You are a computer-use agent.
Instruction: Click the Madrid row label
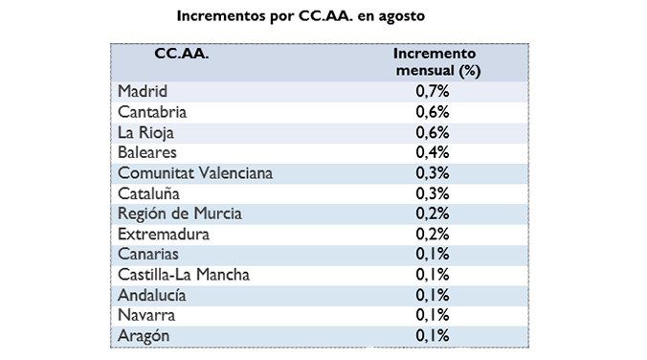pos(143,92)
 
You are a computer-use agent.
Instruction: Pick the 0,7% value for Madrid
pos(432,92)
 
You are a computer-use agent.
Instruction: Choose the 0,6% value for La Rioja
pos(432,132)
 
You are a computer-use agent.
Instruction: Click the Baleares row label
pos(147,152)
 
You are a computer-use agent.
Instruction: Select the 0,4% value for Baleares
pos(432,152)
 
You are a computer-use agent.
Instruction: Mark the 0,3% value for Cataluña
pos(432,193)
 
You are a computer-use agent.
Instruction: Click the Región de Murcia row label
pos(179,214)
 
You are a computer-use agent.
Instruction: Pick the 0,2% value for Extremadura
pos(432,234)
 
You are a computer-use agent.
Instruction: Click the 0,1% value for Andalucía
pos(432,295)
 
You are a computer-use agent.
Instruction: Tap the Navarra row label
pos(147,315)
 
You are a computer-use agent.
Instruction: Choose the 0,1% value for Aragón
pos(432,335)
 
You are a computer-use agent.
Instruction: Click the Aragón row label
pos(144,335)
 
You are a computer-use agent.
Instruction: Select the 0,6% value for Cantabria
pos(432,112)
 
